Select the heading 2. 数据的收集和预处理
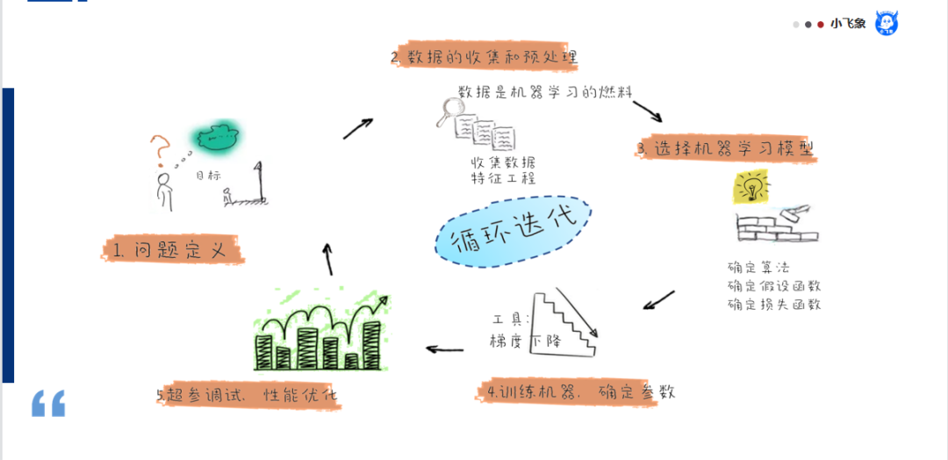[x=485, y=58]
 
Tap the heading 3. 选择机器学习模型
[x=725, y=149]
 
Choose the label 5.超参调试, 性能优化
[x=248, y=395]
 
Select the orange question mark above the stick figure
[x=160, y=150]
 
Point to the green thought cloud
[x=216, y=136]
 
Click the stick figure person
[x=163, y=191]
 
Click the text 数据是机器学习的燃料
[x=544, y=92]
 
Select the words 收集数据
[x=502, y=162]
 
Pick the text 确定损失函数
[x=773, y=305]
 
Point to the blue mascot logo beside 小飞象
[x=886, y=24]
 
